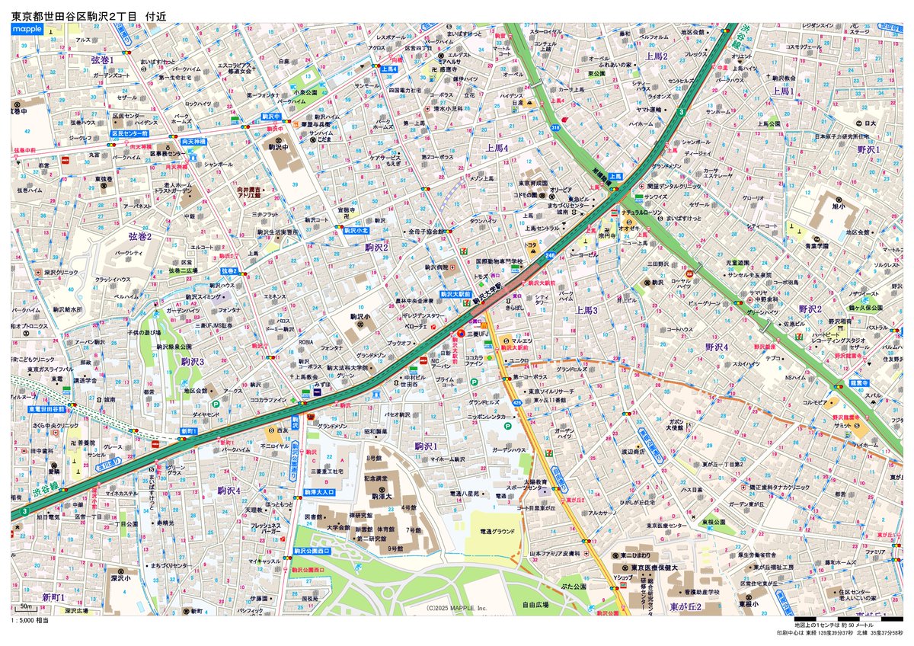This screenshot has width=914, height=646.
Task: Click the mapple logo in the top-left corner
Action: click(27, 29)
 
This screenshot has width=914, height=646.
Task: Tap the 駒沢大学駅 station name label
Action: click(489, 292)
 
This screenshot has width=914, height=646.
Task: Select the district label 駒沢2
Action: click(376, 247)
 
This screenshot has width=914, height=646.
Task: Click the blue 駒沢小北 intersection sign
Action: click(355, 229)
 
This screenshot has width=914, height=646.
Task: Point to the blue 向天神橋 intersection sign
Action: click(172, 142)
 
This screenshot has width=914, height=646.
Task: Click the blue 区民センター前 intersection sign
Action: click(129, 133)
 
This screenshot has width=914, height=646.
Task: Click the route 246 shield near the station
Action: click(550, 255)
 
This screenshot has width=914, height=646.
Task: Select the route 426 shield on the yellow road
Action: click(517, 401)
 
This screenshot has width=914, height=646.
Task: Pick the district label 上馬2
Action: click(656, 56)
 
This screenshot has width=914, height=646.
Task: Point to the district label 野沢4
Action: click(717, 347)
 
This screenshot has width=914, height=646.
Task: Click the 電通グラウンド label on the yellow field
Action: click(497, 531)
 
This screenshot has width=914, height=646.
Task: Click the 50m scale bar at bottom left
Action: click(26, 607)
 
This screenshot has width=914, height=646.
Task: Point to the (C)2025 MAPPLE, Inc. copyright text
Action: click(456, 608)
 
